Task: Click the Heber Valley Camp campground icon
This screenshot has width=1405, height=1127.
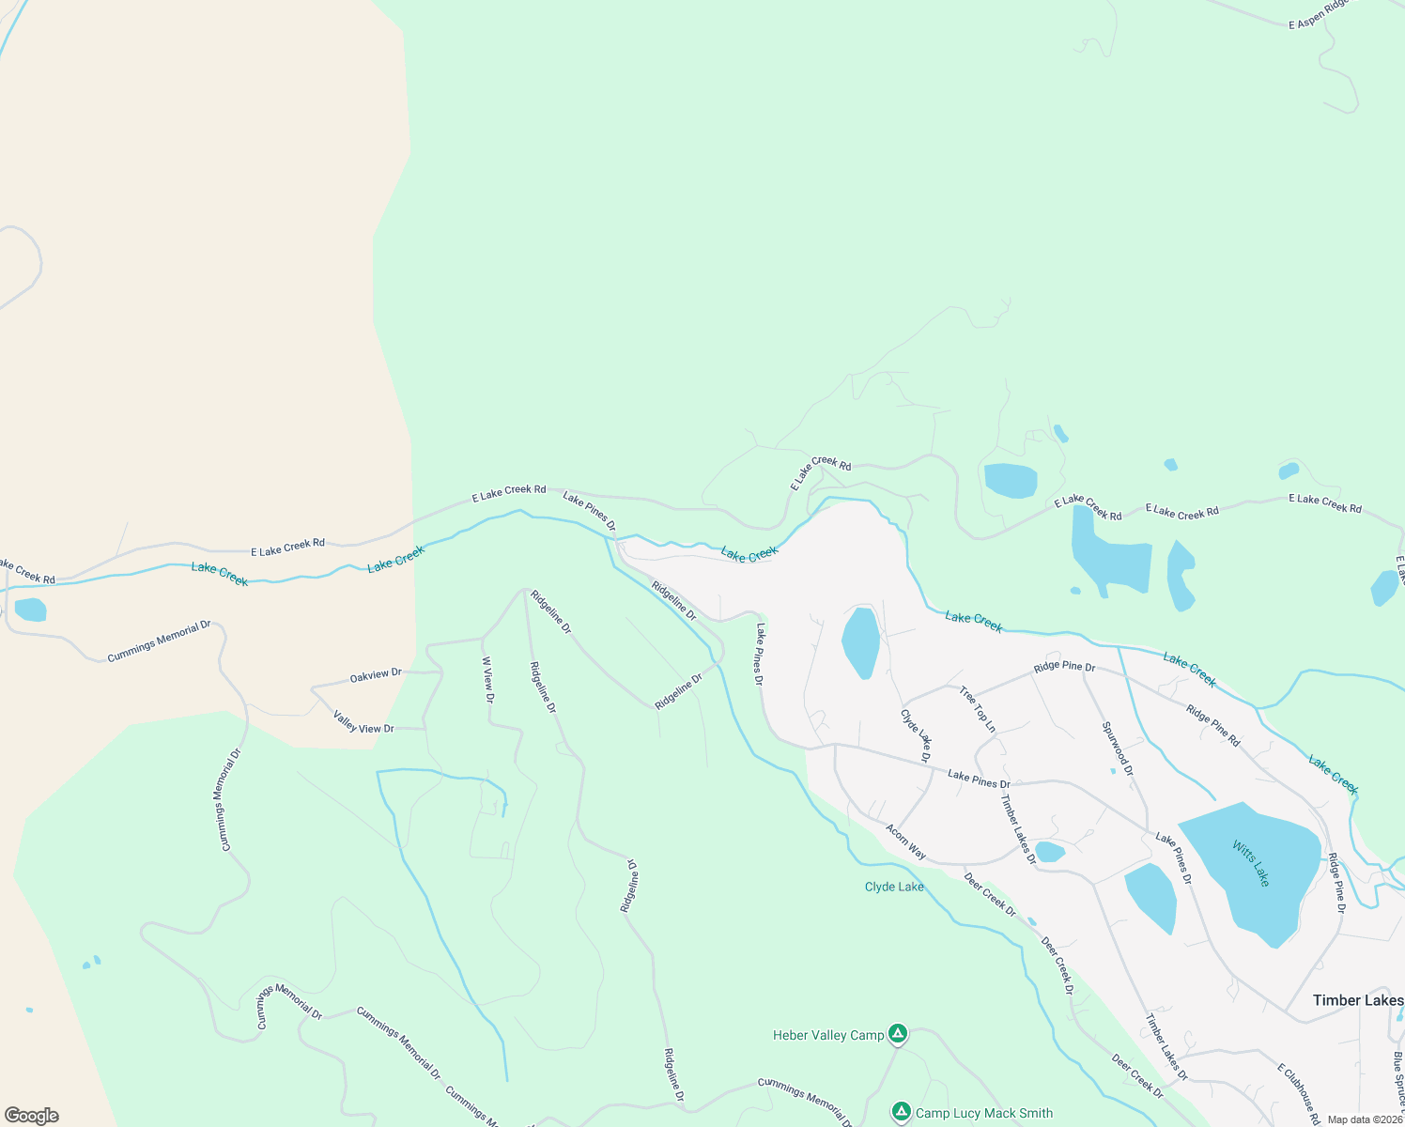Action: [x=898, y=1034]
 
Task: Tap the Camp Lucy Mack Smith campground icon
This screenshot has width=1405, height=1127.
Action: [x=902, y=1113]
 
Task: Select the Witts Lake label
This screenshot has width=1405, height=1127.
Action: [x=1251, y=864]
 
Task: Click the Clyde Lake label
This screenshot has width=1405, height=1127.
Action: [x=894, y=887]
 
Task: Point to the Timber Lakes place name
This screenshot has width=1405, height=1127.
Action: [x=1357, y=1000]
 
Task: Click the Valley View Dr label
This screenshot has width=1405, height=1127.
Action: [x=363, y=722]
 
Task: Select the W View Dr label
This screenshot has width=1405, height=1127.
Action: [x=487, y=680]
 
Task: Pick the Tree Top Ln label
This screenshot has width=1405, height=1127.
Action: [x=977, y=709]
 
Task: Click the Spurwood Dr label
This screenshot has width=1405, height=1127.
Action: [x=1118, y=749]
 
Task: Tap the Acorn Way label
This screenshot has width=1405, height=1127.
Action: [x=906, y=841]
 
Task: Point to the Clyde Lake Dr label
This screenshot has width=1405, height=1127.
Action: [x=916, y=734]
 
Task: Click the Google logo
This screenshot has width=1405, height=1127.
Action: [x=32, y=1116]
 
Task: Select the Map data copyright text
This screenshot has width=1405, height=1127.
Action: [x=1365, y=1119]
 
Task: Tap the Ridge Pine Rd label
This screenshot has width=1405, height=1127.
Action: [x=1212, y=726]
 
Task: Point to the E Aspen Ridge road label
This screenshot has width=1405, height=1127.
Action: [x=1319, y=13]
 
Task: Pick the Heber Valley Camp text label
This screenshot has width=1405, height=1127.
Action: [x=828, y=1035]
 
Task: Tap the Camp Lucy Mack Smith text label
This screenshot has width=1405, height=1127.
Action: [x=984, y=1113]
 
